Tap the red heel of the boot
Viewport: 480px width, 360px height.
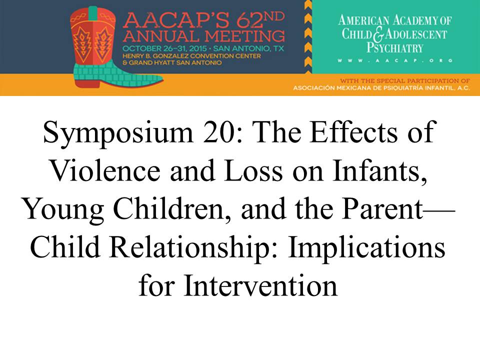tap(86, 82)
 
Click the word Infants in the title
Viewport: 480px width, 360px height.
tap(379, 170)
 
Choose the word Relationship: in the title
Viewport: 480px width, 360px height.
tap(193, 248)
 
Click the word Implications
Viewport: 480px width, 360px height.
tap(366, 248)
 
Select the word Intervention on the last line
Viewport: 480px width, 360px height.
tap(260, 285)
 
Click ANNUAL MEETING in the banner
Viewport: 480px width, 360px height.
tap(204, 36)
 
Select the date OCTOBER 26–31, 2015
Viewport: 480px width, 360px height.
tap(164, 48)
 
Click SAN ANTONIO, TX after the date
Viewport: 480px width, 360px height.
tap(248, 48)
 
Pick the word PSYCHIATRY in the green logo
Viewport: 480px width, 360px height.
tap(395, 48)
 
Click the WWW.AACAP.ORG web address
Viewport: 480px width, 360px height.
tap(395, 60)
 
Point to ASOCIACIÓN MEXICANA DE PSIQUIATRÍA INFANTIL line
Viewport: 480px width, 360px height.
tap(381, 88)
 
